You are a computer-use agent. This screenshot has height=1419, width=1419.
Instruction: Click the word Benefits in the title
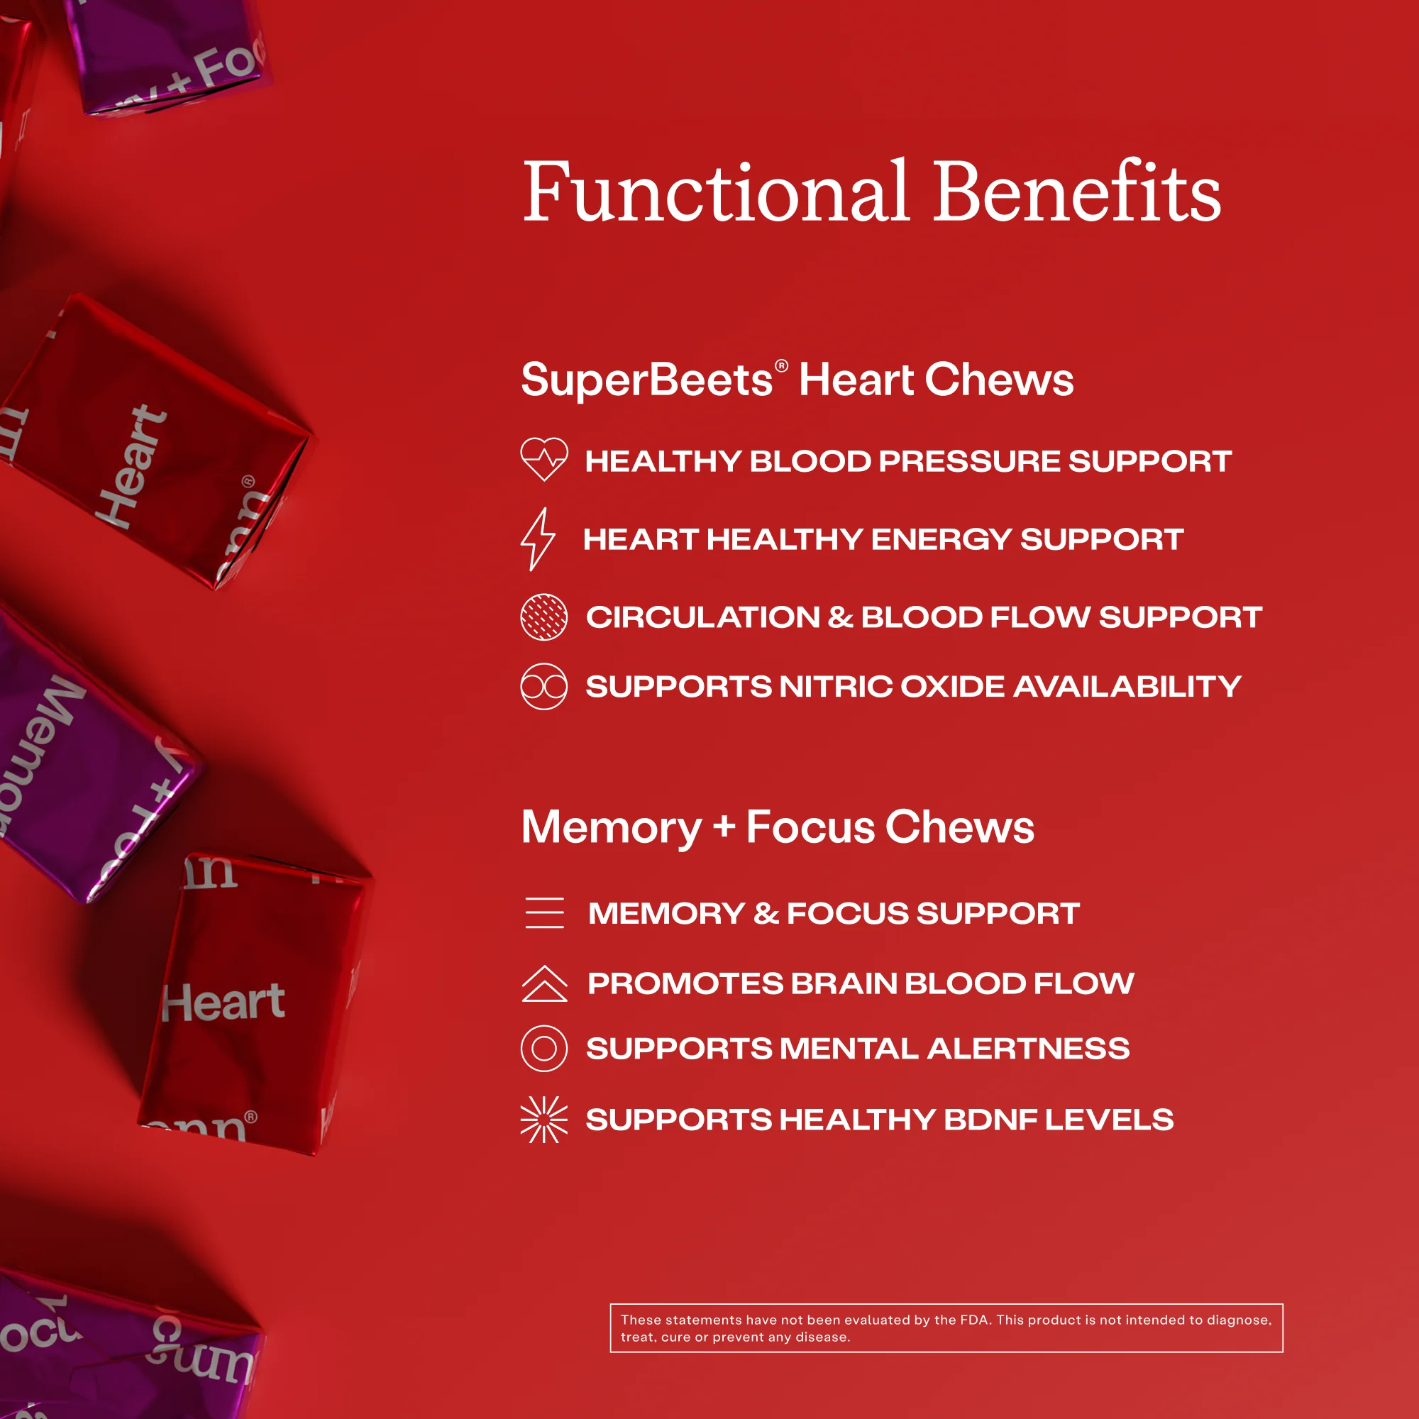tap(1077, 192)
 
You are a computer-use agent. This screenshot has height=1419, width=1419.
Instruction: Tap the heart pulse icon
tap(543, 459)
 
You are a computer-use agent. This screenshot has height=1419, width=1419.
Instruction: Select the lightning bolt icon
tap(538, 539)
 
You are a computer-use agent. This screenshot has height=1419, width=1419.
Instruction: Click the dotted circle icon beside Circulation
tap(543, 617)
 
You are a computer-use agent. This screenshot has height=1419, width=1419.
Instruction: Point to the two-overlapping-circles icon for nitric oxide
tap(543, 687)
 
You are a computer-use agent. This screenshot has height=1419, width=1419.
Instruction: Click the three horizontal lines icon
tap(544, 913)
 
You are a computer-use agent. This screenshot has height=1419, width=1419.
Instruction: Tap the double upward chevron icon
tap(544, 983)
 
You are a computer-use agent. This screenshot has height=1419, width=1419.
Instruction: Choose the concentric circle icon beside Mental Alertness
tap(543, 1048)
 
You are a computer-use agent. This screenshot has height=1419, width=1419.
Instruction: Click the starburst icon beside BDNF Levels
tap(543, 1120)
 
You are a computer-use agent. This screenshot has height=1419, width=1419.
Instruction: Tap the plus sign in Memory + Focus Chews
tap(724, 826)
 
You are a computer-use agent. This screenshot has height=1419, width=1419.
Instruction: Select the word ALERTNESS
tap(1028, 1049)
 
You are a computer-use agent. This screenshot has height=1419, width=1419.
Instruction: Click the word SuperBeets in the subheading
tap(646, 380)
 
